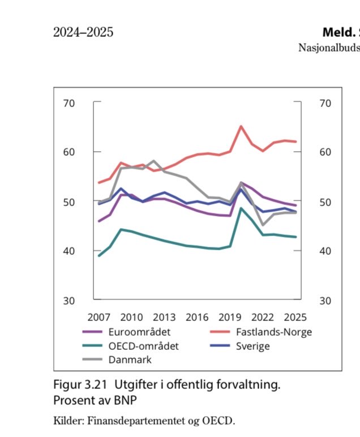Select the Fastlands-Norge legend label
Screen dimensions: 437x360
click(x=273, y=332)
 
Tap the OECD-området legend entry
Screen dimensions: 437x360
click(x=143, y=345)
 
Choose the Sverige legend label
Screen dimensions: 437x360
click(x=252, y=345)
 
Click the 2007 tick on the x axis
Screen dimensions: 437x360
click(x=99, y=317)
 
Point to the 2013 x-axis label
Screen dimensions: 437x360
click(x=165, y=317)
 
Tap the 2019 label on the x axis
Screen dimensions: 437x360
click(x=230, y=317)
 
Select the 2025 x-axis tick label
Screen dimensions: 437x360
click(x=295, y=317)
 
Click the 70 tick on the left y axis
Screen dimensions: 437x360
click(x=70, y=104)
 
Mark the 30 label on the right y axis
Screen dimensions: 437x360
click(x=325, y=301)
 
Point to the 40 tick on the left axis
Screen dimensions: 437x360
click(x=70, y=251)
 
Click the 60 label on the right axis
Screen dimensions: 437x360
click(x=325, y=152)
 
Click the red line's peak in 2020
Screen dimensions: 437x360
click(x=241, y=126)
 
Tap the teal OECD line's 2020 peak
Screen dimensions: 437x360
click(x=241, y=208)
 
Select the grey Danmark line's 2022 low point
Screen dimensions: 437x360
click(x=263, y=225)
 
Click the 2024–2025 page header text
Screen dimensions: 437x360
click(x=83, y=32)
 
